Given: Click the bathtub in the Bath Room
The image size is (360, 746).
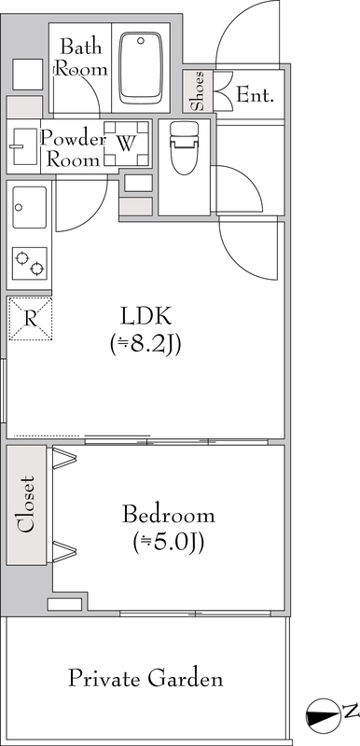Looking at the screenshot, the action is click(140, 67).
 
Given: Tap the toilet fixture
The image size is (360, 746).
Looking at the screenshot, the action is click(184, 148).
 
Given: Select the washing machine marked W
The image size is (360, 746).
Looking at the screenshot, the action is click(126, 144).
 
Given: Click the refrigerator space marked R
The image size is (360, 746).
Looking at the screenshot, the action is click(30, 318).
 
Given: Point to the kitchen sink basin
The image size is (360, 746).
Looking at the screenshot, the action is click(30, 207).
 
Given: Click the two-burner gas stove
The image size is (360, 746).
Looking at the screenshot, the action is click(30, 263).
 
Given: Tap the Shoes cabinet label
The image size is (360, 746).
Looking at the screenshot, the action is click(199, 90).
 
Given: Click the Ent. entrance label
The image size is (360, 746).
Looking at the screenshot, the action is click(255, 96).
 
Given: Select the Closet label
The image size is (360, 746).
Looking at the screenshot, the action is click(26, 504).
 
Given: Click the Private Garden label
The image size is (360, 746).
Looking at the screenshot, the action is click(145, 679).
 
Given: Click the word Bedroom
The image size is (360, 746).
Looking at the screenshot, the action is click(169, 515).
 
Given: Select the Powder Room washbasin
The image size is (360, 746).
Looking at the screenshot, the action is click(23, 146).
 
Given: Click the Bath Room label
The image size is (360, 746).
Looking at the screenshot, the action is click(81, 58).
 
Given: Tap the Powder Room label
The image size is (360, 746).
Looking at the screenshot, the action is click(74, 149).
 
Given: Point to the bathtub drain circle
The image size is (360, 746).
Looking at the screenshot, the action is click(141, 41).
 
